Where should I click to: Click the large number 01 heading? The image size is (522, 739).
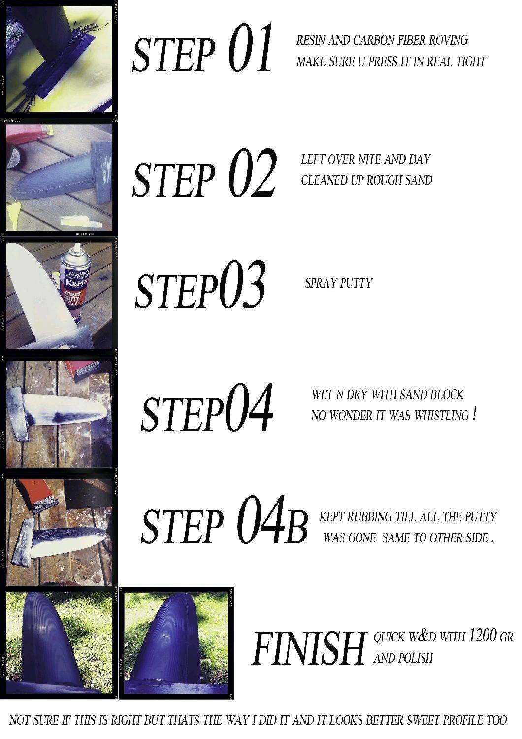point(250,48)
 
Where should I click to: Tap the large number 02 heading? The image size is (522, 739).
point(252,172)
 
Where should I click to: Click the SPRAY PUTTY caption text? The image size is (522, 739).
point(338,283)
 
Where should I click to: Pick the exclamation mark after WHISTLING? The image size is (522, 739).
point(474,414)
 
